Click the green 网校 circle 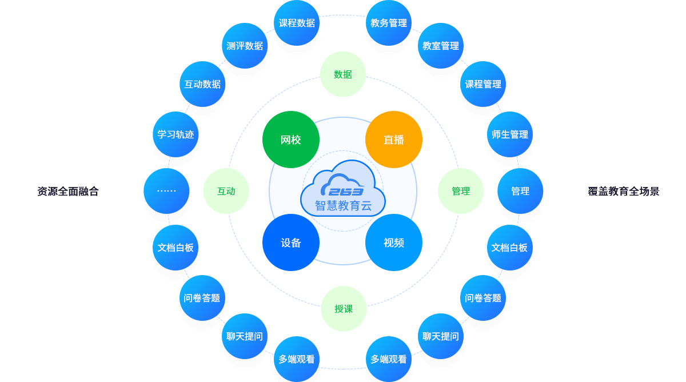pos(290,140)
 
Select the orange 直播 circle pos(394,140)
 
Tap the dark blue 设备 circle pos(290,242)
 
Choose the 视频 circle pos(394,242)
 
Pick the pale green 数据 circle pos(343,74)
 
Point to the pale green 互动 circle pos(226,191)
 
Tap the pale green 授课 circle pos(344,309)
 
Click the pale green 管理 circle pos(461,191)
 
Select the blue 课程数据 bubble pos(297,23)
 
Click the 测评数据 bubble pos(245,46)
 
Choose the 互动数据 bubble pos(202,84)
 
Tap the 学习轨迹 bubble pos(176,134)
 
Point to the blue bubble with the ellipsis pos(166,191)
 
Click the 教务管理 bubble pos(389,23)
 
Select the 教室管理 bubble pos(441,46)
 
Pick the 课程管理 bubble pos(483,84)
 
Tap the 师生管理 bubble pos(510,134)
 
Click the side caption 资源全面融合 pos(68,192)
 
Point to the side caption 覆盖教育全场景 pos(624,192)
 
